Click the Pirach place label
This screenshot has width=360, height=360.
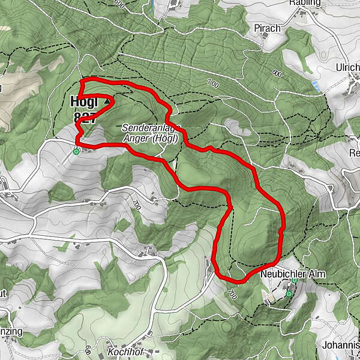click(x=267, y=28)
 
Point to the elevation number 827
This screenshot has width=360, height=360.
click(x=84, y=117)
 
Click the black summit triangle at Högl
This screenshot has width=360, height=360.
click(x=107, y=102)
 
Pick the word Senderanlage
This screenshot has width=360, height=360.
click(x=149, y=128)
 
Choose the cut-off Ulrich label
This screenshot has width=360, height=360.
click(x=348, y=68)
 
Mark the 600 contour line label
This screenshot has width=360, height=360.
click(x=277, y=73)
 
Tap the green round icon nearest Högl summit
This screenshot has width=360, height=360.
click(x=76, y=151)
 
